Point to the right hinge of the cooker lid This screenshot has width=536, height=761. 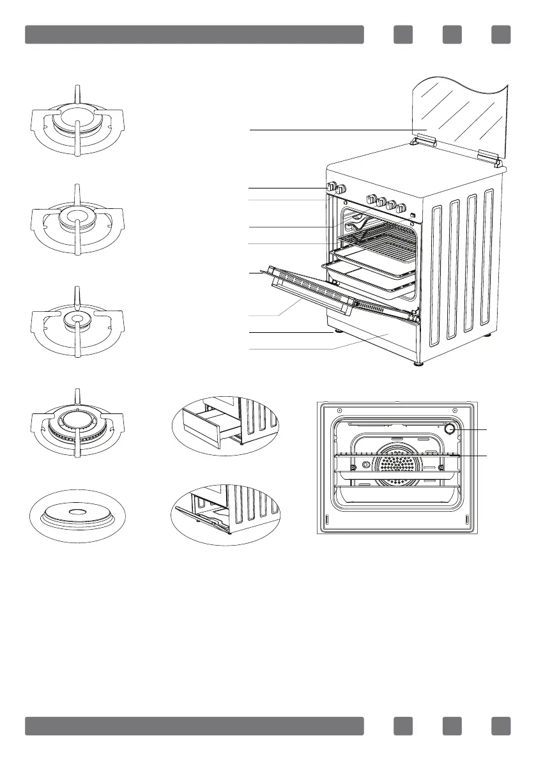click(488, 156)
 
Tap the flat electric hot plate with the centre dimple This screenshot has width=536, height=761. click(76, 514)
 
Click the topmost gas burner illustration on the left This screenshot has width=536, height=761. click(76, 121)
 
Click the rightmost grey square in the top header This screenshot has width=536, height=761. click(501, 35)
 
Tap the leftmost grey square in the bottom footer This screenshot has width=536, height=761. click(402, 726)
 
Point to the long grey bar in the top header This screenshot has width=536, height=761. click(194, 35)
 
